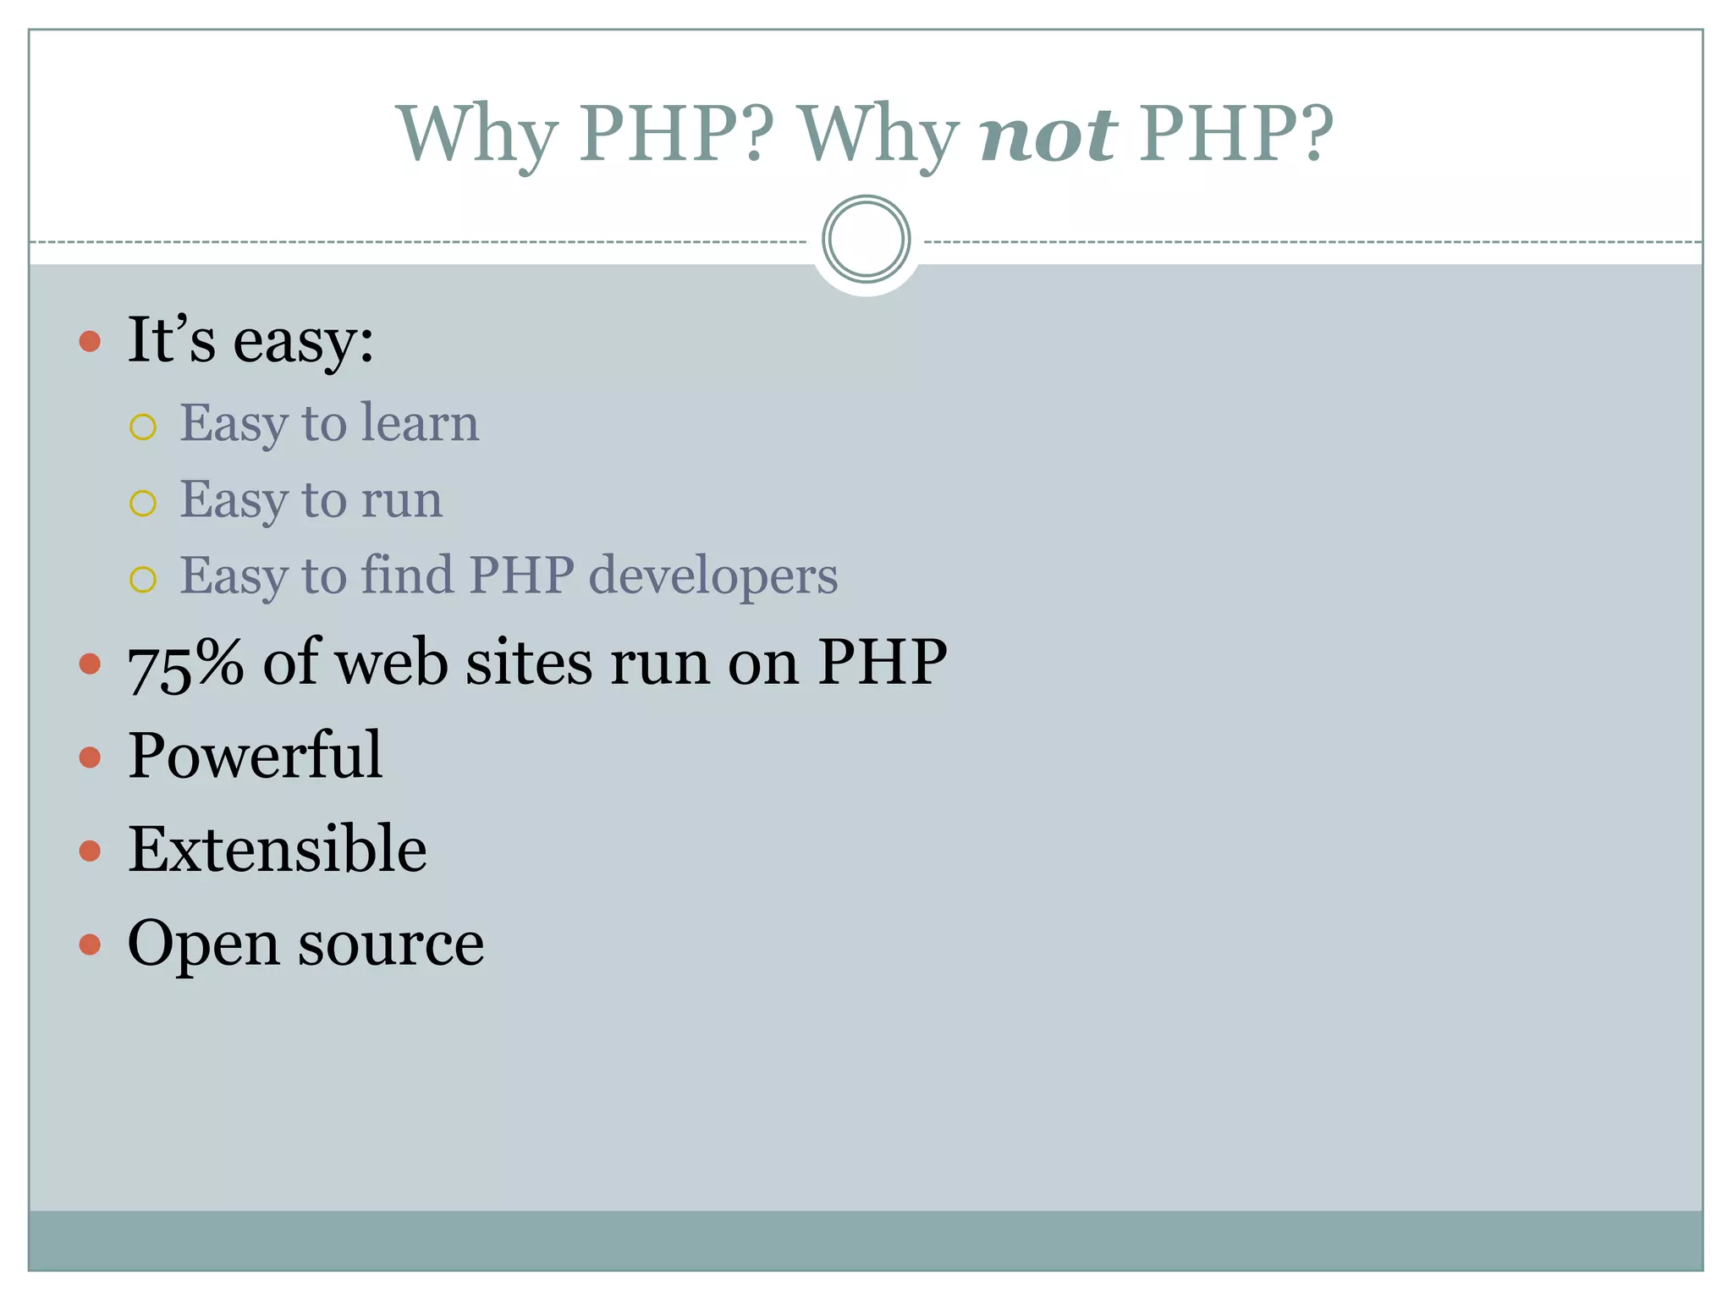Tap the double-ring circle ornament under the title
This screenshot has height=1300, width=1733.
pos(866,239)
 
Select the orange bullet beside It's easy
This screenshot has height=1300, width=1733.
pos(90,342)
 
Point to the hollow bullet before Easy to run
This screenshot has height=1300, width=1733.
pos(143,504)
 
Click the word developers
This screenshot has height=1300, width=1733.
pos(712,576)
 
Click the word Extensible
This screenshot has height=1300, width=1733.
pos(277,849)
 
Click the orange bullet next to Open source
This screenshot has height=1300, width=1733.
pos(90,944)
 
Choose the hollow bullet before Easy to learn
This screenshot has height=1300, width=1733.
pos(143,427)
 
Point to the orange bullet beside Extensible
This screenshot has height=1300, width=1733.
pos(90,850)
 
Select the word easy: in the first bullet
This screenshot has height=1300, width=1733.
pos(303,342)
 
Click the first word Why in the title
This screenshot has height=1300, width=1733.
pos(476,135)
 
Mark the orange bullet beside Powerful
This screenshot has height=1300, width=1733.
pos(90,756)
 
